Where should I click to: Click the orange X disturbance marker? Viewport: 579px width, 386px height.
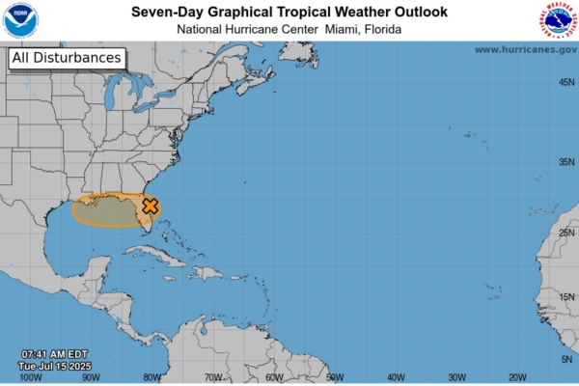point(151,206)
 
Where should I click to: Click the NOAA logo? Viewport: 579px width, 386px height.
point(20,20)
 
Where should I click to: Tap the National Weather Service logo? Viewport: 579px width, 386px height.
point(558,20)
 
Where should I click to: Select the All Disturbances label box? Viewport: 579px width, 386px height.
point(68,58)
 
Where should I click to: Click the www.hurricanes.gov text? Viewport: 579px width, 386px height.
point(525,49)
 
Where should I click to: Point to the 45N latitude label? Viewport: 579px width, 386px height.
point(566,82)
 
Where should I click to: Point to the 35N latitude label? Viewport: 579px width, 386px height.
point(566,162)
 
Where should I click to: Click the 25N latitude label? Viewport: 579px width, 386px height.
point(566,234)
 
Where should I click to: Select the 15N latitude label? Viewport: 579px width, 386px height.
point(566,297)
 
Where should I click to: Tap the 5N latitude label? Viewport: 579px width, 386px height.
point(566,359)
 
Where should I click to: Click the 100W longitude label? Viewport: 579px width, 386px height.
point(31,377)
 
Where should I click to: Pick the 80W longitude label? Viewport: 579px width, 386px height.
point(152,377)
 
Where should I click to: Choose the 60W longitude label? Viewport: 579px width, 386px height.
point(274,377)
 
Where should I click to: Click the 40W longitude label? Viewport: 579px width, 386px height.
point(396,377)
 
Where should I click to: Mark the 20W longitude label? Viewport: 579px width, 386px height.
point(517,377)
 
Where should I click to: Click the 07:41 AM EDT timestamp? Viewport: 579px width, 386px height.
point(55,354)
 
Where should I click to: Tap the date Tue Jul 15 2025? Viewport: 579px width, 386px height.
point(56,366)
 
